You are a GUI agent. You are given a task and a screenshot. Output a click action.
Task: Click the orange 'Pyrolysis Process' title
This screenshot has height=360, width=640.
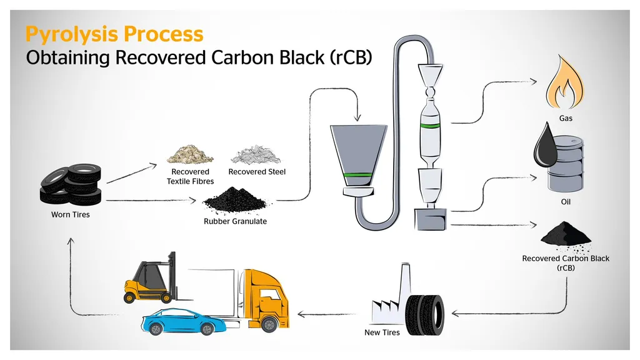[114, 34]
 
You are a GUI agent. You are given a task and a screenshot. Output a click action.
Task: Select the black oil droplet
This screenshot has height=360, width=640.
[544, 144]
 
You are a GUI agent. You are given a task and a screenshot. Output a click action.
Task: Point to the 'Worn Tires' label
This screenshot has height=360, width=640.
[70, 215]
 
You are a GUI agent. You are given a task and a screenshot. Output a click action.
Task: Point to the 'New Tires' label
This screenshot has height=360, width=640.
[382, 332]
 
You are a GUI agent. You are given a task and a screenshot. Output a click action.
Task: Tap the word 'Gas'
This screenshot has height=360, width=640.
[566, 117]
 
